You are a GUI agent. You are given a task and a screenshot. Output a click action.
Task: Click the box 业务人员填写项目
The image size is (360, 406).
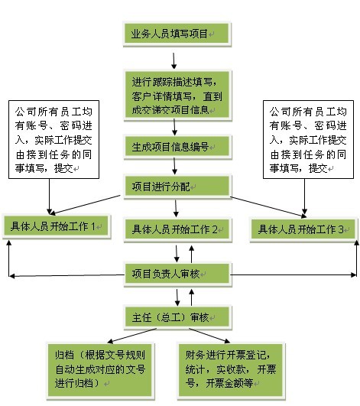pos(177,34)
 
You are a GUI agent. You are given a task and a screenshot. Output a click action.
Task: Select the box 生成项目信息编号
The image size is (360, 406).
pos(177,147)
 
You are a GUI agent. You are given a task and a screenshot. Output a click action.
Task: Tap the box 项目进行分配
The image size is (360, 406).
pos(177,187)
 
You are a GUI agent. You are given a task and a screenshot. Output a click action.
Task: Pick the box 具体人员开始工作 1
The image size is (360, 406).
pos(56,226)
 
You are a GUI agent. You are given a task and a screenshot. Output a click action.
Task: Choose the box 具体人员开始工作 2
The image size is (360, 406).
pos(177,229)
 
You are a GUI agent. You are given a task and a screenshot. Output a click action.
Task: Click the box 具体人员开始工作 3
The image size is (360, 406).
pos(303,229)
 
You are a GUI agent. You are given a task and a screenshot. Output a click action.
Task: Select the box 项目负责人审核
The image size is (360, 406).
pos(177,274)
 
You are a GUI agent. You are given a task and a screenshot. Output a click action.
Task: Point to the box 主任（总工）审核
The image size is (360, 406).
pos(177,317)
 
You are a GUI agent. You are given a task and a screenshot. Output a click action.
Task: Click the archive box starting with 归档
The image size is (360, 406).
pos(100,371)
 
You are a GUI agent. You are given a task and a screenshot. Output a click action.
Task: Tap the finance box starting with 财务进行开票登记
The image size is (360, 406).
pos(232,371)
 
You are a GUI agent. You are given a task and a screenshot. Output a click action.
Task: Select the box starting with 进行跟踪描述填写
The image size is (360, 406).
pos(177,96)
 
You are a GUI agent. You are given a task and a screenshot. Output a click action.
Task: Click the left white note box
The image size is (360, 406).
pos(54,140)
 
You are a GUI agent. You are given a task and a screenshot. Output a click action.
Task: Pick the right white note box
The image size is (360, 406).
pos(308,140)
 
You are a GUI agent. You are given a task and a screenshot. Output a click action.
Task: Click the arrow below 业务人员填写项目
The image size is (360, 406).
pos(174,61)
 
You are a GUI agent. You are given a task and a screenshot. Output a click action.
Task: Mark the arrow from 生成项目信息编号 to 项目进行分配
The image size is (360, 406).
pos(174,166)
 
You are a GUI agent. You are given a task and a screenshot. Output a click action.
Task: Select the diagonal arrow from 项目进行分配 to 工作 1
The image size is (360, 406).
pos(86,205)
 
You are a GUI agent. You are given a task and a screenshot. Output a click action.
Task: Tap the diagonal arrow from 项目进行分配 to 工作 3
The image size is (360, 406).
pos(268,206)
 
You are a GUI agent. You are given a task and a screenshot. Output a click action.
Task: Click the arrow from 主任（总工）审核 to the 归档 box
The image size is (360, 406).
pos(132,336)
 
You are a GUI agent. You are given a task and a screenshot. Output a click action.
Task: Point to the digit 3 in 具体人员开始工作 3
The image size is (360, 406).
pos(342,229)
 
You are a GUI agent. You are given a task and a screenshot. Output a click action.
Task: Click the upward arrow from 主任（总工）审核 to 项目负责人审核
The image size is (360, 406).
pos(192,297)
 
